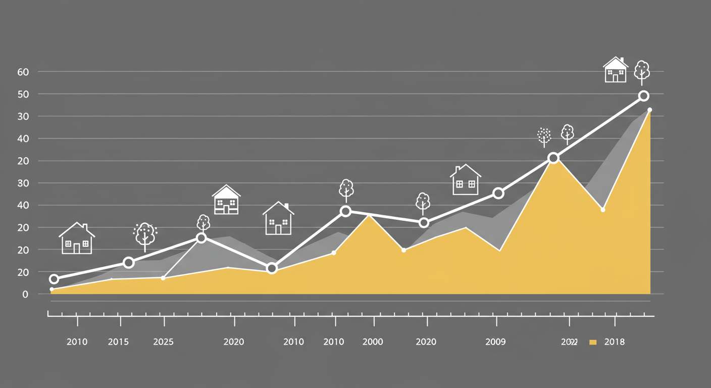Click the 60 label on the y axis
coord(23,72)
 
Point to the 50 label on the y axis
coord(23,94)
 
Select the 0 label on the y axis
coord(25,294)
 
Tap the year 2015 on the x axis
coord(118,342)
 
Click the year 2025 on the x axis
coord(163,342)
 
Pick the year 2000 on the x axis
coord(373,342)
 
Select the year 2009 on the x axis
coord(495,342)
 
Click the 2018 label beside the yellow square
coord(614,342)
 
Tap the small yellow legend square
coord(593,343)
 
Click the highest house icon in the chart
coord(616,70)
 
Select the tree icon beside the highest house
coord(642,72)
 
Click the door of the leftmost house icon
coord(77,248)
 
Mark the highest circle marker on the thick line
coord(643,96)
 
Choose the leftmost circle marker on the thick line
coord(54,279)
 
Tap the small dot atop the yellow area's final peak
coord(649,110)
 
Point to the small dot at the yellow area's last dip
coord(603,210)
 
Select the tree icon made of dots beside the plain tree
coord(544,136)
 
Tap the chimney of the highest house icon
coord(622,60)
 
